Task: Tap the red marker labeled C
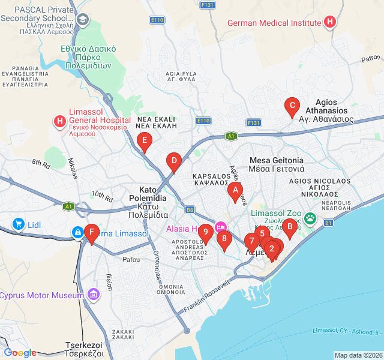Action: click(x=292, y=107)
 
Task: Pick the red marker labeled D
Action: click(x=173, y=161)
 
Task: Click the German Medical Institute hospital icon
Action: click(x=329, y=23)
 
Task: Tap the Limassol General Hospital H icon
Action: click(x=60, y=122)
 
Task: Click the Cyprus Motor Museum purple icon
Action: click(x=93, y=295)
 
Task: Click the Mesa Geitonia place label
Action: click(x=277, y=164)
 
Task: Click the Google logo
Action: click(x=20, y=353)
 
